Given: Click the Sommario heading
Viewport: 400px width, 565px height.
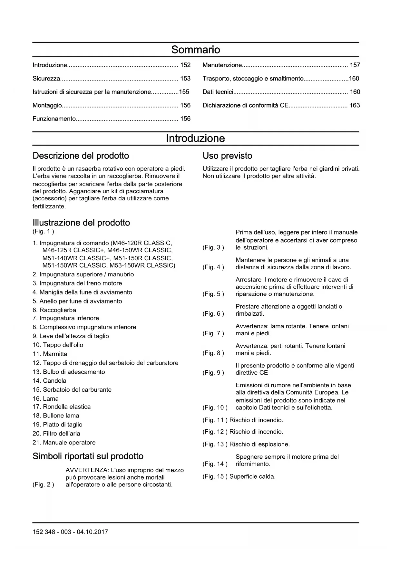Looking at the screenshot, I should tap(196, 50).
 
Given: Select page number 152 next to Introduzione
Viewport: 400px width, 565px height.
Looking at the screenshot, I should tap(185, 65).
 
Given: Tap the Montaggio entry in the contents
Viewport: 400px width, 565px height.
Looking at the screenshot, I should tap(47, 105).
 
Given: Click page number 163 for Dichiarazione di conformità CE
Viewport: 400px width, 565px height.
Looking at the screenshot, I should tap(355, 105).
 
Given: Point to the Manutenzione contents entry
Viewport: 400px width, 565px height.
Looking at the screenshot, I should tap(222, 65).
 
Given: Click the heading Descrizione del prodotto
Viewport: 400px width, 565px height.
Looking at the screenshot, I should tap(81, 156).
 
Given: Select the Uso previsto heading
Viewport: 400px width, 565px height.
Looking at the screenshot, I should tap(227, 156).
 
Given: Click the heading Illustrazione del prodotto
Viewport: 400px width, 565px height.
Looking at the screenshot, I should tap(81, 223).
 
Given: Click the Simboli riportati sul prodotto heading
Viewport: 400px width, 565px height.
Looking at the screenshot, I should tap(88, 456).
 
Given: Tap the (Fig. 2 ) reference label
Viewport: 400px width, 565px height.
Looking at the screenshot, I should tap(43, 484).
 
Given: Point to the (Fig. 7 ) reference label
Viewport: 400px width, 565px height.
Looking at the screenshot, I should tap(213, 333).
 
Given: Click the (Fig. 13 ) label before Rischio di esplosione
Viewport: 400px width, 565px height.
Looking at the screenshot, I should tap(215, 444).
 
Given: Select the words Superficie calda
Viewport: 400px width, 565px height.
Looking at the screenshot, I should tap(252, 476).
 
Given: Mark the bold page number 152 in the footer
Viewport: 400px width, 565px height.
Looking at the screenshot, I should tap(38, 532).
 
